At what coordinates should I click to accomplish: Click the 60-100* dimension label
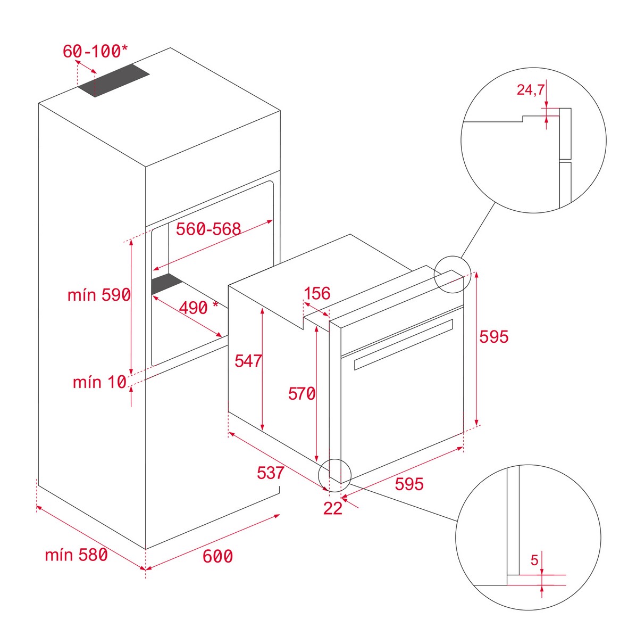95,51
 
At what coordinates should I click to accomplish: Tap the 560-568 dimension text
208,229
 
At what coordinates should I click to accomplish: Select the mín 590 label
99,294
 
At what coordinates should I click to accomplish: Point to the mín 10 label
99,382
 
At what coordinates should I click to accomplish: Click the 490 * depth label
199,308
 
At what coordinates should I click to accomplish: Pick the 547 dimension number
248,361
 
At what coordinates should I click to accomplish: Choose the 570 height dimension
302,394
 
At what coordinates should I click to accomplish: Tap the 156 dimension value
317,293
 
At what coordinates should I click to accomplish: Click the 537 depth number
271,473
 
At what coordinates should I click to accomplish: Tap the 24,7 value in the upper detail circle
530,90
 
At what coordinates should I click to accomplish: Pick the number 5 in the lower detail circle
535,560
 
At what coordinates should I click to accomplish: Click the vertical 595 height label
494,337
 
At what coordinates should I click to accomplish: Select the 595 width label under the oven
409,484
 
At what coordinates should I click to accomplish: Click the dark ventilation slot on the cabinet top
113,80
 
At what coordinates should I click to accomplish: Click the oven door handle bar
404,344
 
